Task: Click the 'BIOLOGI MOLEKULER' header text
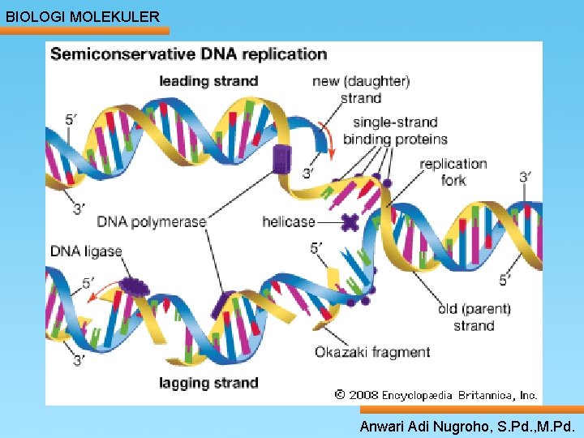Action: pyautogui.click(x=83, y=17)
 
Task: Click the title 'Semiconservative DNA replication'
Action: pyautogui.click(x=189, y=54)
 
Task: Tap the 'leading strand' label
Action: pyautogui.click(x=208, y=81)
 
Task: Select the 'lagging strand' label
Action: pyautogui.click(x=208, y=383)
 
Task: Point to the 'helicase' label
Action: pyautogui.click(x=289, y=221)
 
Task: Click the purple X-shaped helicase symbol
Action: pyautogui.click(x=350, y=222)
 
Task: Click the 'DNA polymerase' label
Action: pyautogui.click(x=151, y=222)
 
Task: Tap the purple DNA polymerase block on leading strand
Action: pyautogui.click(x=282, y=160)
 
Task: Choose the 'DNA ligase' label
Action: pyautogui.click(x=86, y=251)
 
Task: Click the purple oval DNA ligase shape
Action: pyautogui.click(x=135, y=287)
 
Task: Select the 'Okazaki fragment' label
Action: pyautogui.click(x=372, y=352)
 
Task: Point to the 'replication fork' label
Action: pyautogui.click(x=453, y=172)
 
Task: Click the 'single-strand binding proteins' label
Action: pyautogui.click(x=395, y=131)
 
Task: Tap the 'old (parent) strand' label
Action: pyautogui.click(x=474, y=317)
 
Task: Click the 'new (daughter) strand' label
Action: pyautogui.click(x=361, y=90)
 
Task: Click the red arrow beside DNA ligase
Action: pyautogui.click(x=101, y=291)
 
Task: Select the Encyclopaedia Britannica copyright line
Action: pyautogui.click(x=436, y=395)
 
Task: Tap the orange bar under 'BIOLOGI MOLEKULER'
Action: pyautogui.click(x=84, y=31)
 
